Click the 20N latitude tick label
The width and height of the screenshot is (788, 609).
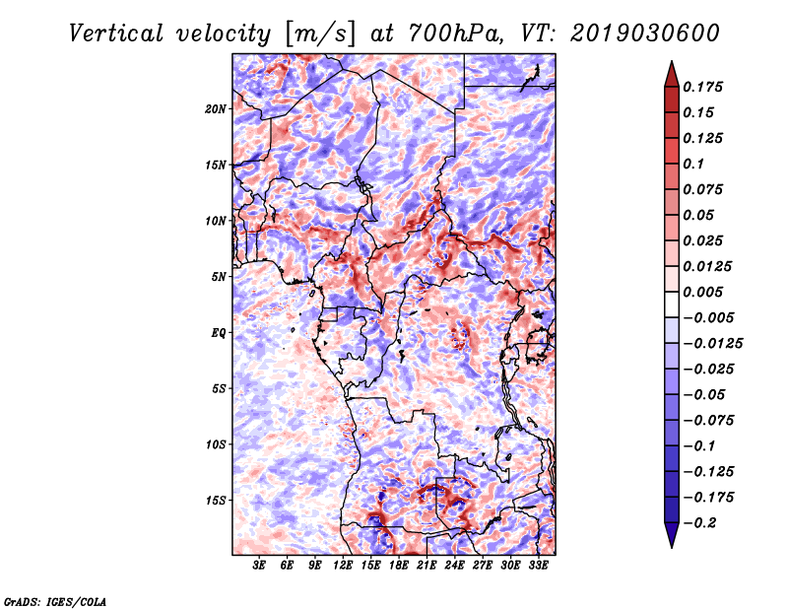[215, 108]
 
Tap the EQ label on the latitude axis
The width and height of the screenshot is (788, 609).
[218, 332]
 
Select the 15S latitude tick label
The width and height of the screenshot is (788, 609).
[215, 501]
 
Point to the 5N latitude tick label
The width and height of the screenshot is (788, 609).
[219, 277]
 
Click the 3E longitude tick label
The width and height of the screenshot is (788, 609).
[259, 566]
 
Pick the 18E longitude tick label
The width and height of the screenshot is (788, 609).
[399, 566]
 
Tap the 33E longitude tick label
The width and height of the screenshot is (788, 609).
[538, 566]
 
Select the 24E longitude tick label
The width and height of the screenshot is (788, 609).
[454, 566]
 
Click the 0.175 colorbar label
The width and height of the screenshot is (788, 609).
[702, 87]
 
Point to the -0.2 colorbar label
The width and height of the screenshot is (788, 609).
[699, 523]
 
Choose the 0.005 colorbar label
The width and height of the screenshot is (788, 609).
[702, 292]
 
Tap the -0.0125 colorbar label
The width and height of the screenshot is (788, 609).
[712, 344]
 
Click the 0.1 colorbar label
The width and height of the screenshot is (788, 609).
[693, 164]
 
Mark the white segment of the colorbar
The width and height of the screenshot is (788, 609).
[672, 304]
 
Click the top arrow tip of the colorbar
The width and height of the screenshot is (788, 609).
[672, 61]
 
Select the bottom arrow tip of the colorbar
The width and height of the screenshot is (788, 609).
[672, 547]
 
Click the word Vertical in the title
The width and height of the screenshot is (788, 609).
[116, 34]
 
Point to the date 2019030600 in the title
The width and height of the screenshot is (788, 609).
[645, 34]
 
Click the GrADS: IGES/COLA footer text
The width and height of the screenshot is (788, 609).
[55, 601]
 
